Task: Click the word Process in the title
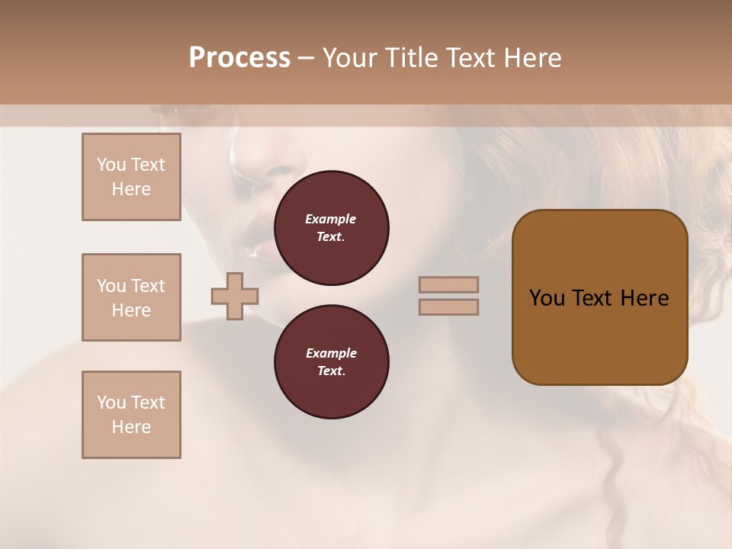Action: [239, 58]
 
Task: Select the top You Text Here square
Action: [131, 177]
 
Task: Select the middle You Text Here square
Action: [131, 297]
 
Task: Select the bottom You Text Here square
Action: [131, 415]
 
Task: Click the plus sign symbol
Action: [234, 296]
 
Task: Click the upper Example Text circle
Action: [331, 228]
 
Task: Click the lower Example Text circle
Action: [331, 362]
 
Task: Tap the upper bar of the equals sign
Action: [449, 285]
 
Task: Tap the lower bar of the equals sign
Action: [449, 307]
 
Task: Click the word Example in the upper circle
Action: [331, 220]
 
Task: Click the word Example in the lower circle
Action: [331, 354]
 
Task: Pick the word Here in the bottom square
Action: [131, 427]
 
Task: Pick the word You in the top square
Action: [111, 165]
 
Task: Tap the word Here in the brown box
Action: [644, 298]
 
